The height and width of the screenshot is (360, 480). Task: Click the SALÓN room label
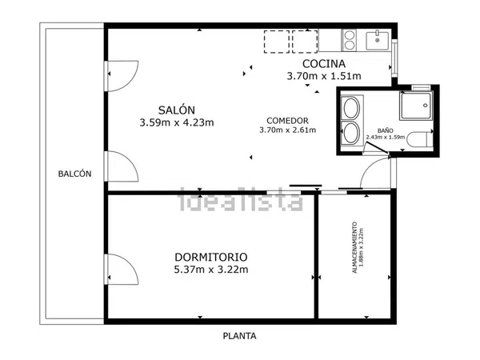tap(177, 110)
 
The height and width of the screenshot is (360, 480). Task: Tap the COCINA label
tap(324, 64)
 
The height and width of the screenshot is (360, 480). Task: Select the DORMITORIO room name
tap(211, 257)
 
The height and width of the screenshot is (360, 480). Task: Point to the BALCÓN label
tap(74, 174)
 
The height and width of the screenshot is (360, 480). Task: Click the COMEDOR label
tap(287, 121)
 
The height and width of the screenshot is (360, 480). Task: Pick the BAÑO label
tap(386, 130)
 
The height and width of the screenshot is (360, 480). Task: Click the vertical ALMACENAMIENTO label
tap(354, 247)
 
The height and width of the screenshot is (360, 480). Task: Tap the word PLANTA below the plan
tap(239, 336)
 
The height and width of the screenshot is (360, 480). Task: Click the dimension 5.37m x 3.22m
tap(211, 270)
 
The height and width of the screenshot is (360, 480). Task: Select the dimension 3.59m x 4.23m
tap(177, 122)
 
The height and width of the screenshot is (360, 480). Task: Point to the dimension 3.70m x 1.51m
tap(324, 76)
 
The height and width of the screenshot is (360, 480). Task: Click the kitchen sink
tap(378, 41)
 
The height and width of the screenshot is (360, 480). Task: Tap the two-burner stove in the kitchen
tap(350, 40)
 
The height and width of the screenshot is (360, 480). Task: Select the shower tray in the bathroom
tap(416, 106)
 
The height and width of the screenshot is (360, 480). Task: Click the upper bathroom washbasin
tap(351, 108)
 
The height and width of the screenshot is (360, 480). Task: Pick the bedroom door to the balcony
tap(122, 270)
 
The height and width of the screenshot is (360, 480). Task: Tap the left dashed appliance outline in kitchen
tap(277, 42)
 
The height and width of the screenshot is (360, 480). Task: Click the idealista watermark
tap(240, 199)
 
